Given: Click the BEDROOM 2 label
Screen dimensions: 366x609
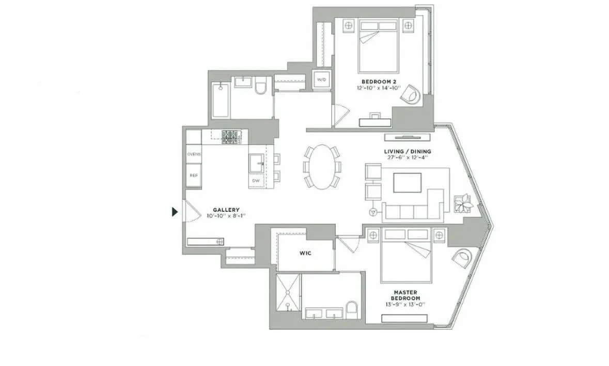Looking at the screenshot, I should click(380, 82).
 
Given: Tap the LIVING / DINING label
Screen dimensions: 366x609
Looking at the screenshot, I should click(408, 151).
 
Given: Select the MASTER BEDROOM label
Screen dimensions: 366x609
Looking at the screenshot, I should click(409, 295).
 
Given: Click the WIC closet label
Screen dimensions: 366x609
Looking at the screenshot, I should click(305, 253).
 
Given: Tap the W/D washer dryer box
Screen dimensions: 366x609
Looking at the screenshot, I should click(321, 80).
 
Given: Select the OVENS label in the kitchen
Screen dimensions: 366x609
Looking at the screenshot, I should click(194, 154).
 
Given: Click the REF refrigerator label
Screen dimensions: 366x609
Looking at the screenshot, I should click(194, 175).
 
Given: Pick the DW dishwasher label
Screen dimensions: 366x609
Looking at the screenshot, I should click(256, 181).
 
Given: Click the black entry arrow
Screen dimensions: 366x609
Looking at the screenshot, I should click(175, 211).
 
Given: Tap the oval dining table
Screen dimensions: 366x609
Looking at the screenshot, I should click(322, 165).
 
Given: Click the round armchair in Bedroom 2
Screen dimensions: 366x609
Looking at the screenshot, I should click(413, 94).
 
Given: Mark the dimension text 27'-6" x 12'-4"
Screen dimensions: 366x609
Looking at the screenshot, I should click(408, 158).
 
